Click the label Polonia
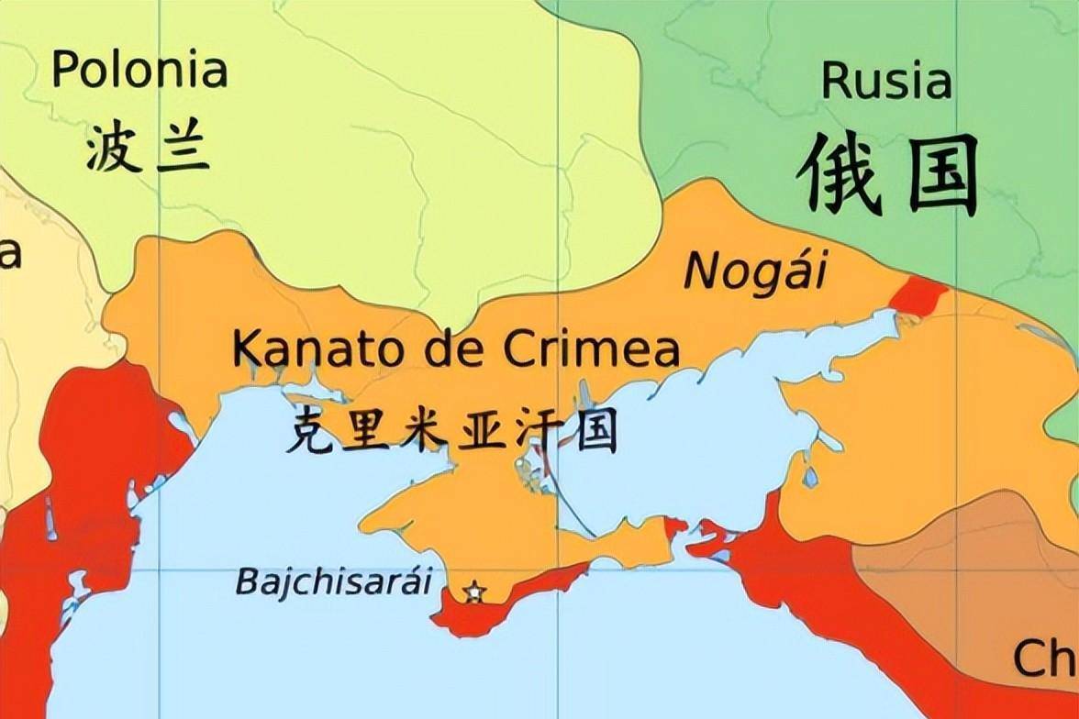(139, 71)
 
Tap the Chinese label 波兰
(147, 149)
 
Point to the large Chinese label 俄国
(886, 174)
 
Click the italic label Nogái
(755, 271)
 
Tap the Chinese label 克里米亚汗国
(450, 430)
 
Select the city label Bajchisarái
(333, 581)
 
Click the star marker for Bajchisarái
(473, 592)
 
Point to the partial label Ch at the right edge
(1044, 658)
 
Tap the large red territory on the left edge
(83, 514)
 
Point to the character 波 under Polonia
(113, 149)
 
